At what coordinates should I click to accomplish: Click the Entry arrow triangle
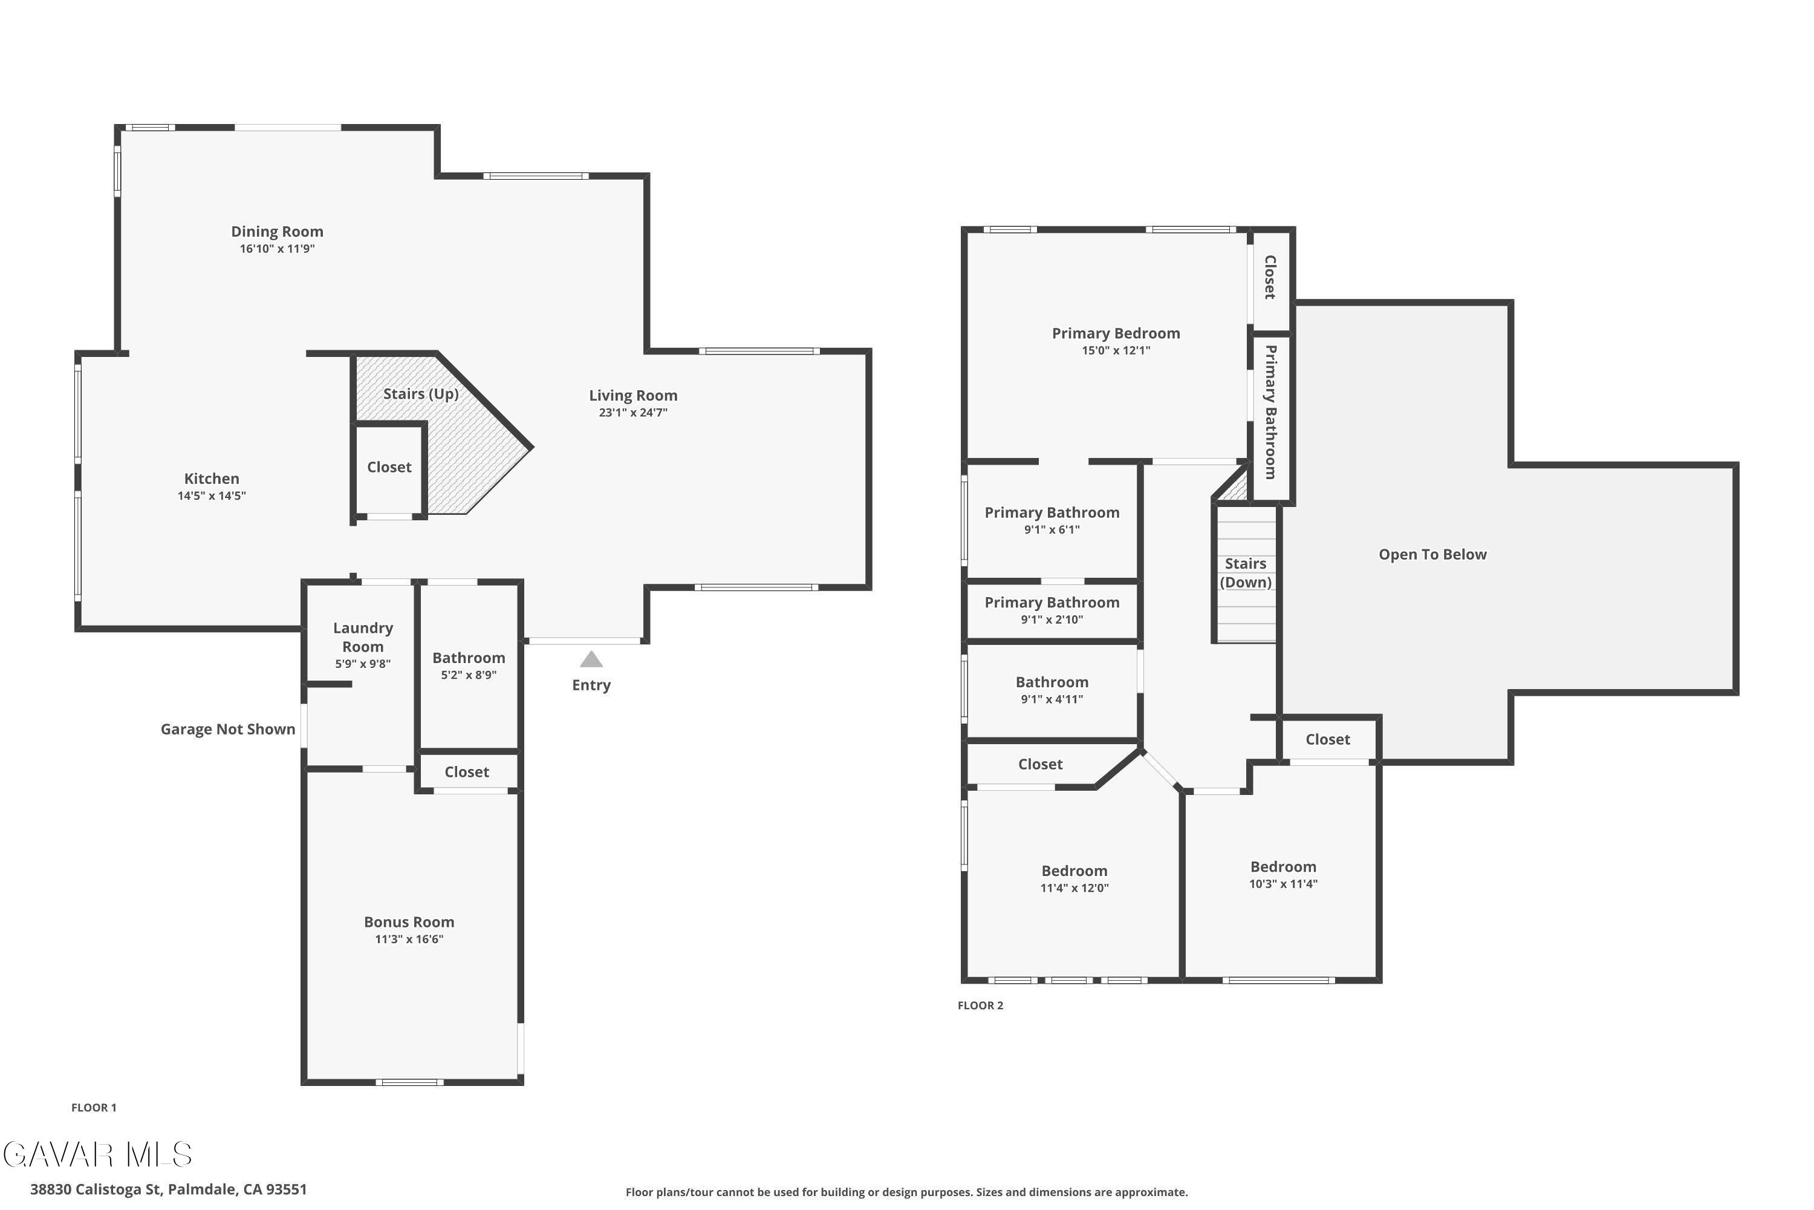point(591,659)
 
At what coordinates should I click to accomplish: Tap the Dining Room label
point(277,232)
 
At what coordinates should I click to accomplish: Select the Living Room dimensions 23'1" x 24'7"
point(633,413)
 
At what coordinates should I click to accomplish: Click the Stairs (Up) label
point(421,394)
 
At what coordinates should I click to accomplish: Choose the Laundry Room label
point(363,638)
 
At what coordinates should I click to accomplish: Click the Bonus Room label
point(409,922)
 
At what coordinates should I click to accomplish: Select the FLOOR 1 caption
point(94,1107)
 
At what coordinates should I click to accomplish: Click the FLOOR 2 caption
point(980,1006)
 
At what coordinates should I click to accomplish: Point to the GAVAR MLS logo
point(97,1154)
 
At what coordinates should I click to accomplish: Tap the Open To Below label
point(1432,555)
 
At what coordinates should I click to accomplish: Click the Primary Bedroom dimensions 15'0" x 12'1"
point(1116,351)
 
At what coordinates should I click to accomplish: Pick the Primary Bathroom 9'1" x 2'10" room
point(1053,610)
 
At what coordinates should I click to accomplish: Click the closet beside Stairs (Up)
point(389,468)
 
